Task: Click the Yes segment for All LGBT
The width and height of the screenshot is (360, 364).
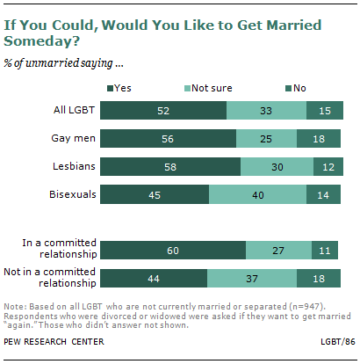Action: (163, 110)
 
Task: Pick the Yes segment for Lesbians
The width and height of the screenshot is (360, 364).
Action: (170, 166)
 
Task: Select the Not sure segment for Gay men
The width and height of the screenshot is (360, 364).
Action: (266, 138)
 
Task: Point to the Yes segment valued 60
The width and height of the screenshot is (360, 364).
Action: (173, 250)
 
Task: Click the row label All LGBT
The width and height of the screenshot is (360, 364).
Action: (73, 110)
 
